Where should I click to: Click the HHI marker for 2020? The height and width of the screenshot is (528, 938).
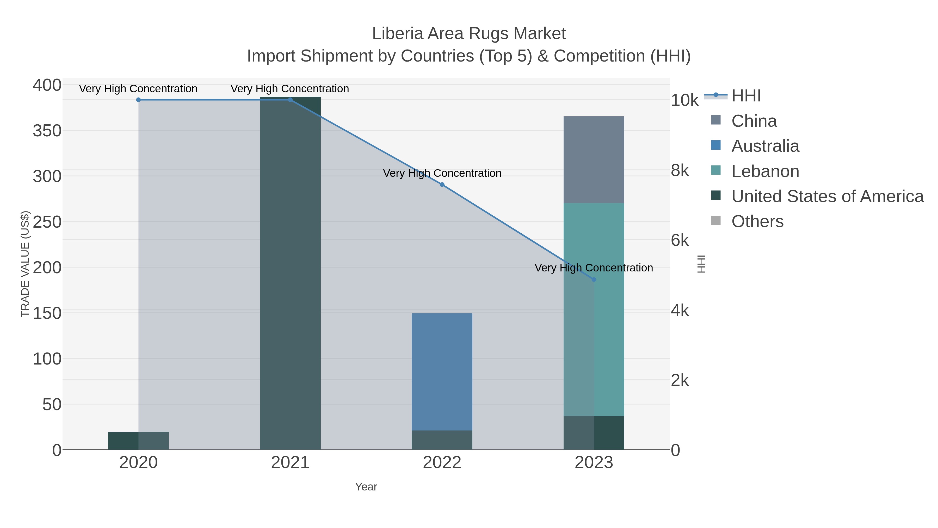pyautogui.click(x=138, y=100)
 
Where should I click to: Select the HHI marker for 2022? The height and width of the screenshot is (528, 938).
pyautogui.click(x=442, y=185)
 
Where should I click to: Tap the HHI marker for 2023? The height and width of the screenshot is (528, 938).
pyautogui.click(x=594, y=280)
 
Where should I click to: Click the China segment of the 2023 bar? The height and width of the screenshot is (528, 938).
pyautogui.click(x=594, y=160)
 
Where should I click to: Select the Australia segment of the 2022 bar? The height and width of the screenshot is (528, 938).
pyautogui.click(x=442, y=372)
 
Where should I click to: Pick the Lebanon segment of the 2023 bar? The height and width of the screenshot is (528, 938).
pyautogui.click(x=609, y=310)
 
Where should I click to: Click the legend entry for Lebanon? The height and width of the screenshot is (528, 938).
pyautogui.click(x=765, y=171)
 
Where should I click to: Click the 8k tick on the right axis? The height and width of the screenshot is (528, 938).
pyautogui.click(x=680, y=171)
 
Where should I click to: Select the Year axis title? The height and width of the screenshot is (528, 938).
pyautogui.click(x=366, y=487)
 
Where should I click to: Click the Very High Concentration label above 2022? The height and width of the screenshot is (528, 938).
pyautogui.click(x=442, y=173)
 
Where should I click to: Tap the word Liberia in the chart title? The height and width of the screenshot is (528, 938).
pyautogui.click(x=397, y=34)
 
